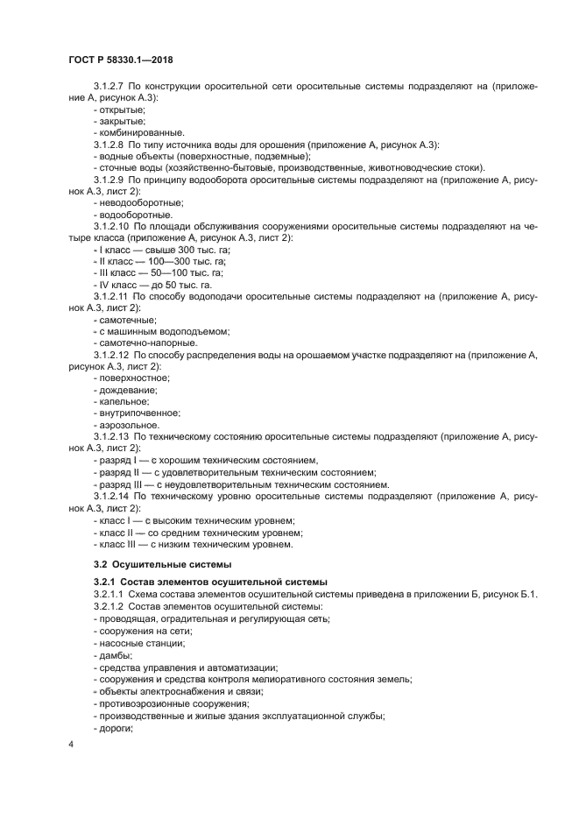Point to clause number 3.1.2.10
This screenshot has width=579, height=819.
(x=113, y=226)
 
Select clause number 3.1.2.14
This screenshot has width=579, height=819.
(x=113, y=496)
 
